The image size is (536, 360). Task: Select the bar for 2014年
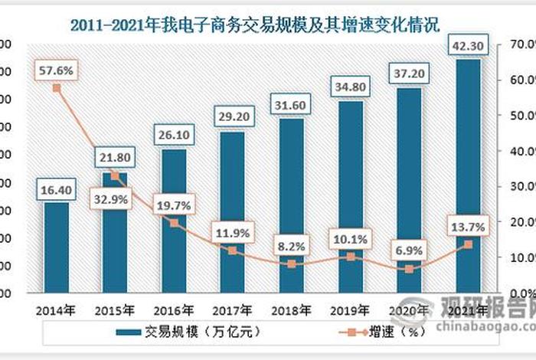[56, 247]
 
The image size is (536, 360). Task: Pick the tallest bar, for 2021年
[468, 176]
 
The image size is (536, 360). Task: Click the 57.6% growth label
[56, 70]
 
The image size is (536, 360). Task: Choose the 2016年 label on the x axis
[173, 311]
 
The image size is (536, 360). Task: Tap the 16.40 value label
[56, 187]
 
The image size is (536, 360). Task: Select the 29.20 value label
[232, 116]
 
